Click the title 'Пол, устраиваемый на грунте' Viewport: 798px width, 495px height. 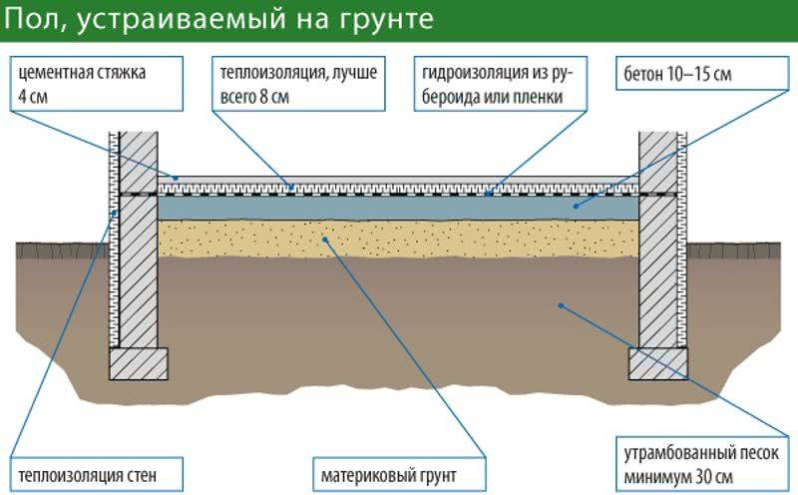(x=218, y=19)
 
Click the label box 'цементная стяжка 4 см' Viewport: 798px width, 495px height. (x=97, y=84)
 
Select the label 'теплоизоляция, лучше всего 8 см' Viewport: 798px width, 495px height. (x=298, y=84)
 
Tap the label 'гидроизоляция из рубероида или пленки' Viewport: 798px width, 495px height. (x=501, y=84)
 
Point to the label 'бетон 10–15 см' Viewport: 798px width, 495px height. (x=701, y=73)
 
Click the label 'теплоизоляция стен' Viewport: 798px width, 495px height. (x=97, y=476)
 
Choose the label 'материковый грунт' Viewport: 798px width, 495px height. (x=400, y=476)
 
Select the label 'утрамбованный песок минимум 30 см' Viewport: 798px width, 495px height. (x=702, y=465)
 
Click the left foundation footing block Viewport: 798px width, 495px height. (x=139, y=364)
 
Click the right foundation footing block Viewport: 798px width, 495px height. (x=658, y=364)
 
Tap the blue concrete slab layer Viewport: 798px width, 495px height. (x=398, y=208)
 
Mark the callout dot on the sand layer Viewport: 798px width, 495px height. (x=325, y=238)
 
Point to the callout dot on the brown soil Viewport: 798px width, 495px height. (x=561, y=305)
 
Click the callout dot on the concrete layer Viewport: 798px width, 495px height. (x=577, y=207)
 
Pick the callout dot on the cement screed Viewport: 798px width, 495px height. (x=176, y=179)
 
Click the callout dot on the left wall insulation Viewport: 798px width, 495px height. (x=115, y=214)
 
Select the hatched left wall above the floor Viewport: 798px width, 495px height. (x=139, y=162)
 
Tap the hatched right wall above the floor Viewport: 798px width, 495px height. (x=658, y=162)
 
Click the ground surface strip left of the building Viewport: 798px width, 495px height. (x=63, y=250)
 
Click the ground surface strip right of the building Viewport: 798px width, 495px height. (x=734, y=250)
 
